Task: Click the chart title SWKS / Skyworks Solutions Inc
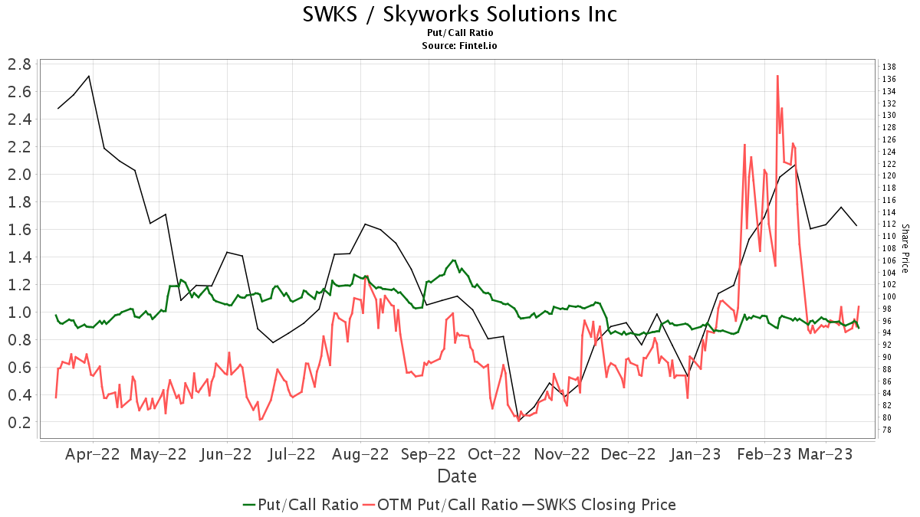[x=460, y=15]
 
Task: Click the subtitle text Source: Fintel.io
[x=460, y=46]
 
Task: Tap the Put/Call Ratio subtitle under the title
[x=460, y=33]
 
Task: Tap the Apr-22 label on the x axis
[x=93, y=453]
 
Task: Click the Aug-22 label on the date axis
[x=360, y=453]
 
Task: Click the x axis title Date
[x=457, y=476]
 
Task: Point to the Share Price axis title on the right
[x=905, y=249]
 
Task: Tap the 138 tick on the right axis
[x=889, y=67]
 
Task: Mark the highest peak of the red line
[x=777, y=76]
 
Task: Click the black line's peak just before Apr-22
[x=90, y=76]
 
